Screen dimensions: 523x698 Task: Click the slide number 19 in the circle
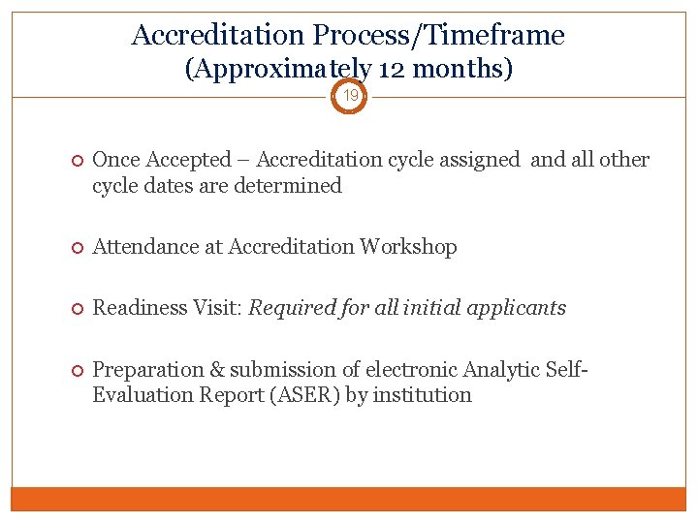[x=350, y=96]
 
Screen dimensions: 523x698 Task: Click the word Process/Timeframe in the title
[x=438, y=36]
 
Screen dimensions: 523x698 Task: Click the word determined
[x=289, y=185]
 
